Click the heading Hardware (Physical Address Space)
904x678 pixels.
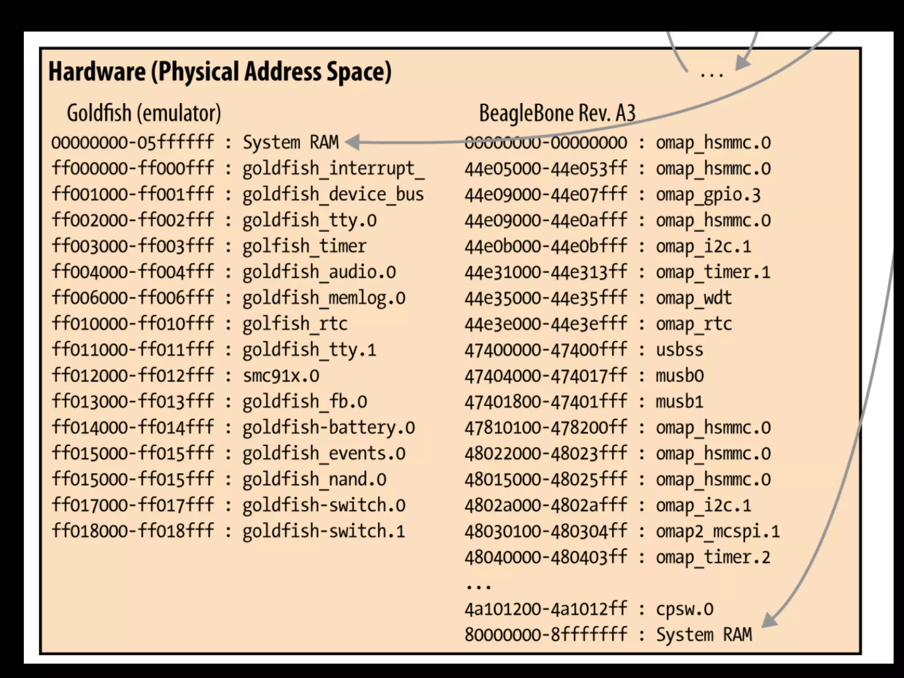pos(220,72)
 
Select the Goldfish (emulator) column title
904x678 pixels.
pos(143,113)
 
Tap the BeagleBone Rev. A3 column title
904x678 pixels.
pos(557,113)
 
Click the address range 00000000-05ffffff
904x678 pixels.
pos(132,143)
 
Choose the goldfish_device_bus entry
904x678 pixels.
pos(333,195)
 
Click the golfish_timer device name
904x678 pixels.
pos(304,246)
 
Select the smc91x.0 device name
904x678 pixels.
pos(281,376)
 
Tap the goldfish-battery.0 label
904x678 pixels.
pos(328,428)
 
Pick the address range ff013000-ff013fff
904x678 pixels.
pos(132,402)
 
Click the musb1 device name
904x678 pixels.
pos(679,402)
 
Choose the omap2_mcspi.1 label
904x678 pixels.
pos(718,531)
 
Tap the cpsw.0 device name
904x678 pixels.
pos(684,610)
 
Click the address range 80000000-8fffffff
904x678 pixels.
pos(546,635)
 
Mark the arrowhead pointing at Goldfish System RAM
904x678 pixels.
pos(353,142)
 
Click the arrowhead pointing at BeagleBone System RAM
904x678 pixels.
pos(770,620)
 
